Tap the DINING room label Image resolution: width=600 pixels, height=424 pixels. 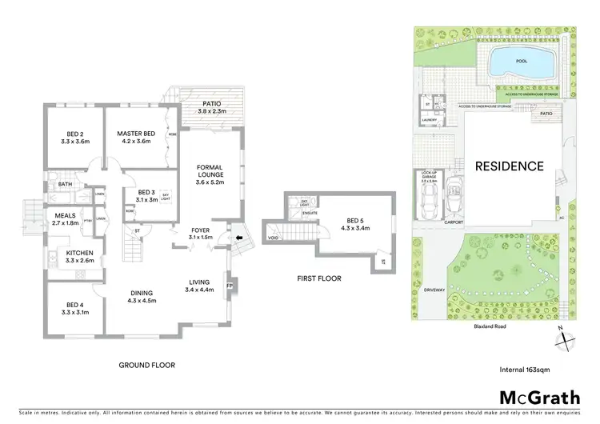(x=142, y=297)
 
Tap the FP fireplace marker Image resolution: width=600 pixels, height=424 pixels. (x=229, y=286)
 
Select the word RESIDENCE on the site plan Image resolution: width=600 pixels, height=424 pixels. (x=510, y=166)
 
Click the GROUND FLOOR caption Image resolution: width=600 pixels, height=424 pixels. (x=146, y=365)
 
